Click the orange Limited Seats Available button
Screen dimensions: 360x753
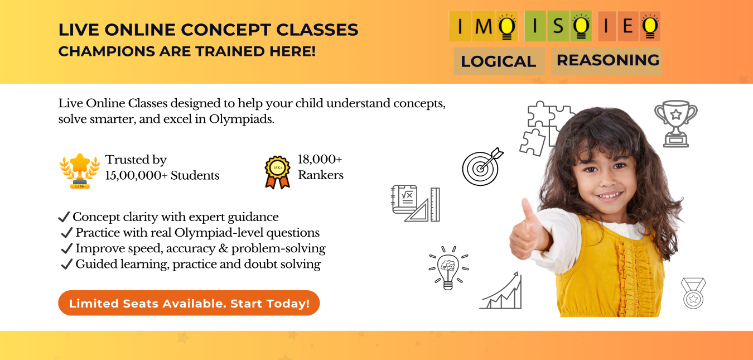point(189,303)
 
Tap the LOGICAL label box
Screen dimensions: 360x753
point(499,61)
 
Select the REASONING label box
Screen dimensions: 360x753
point(607,60)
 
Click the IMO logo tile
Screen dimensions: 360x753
point(483,26)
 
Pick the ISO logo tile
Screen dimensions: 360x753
point(558,26)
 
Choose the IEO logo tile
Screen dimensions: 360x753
point(629,26)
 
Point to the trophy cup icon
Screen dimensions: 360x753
point(675,123)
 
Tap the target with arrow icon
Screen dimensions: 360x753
point(481,166)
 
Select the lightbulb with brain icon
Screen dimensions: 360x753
point(448,267)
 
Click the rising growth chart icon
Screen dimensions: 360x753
point(501,291)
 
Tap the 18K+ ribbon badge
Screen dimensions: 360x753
point(277,171)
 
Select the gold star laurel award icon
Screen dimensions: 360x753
point(80,170)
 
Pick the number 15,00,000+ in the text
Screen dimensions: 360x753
point(136,175)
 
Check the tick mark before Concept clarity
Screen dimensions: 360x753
point(64,217)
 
